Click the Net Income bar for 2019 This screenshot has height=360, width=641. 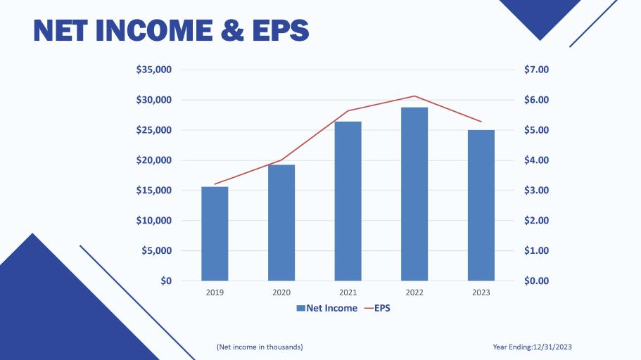[215, 233]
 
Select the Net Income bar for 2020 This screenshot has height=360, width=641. [281, 222]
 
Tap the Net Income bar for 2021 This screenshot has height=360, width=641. [348, 201]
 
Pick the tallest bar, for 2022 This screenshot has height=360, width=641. [414, 193]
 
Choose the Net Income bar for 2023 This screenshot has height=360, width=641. [481, 205]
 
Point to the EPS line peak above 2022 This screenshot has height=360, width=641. [414, 96]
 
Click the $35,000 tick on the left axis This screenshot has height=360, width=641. [154, 70]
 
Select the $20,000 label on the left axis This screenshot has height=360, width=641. [154, 160]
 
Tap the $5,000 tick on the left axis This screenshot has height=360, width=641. [157, 250]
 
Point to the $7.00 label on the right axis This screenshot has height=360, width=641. [537, 70]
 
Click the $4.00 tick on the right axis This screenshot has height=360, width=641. [537, 160]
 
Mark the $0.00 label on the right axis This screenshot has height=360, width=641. [537, 281]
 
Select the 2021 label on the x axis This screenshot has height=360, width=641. [348, 292]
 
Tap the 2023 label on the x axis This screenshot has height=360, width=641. [481, 292]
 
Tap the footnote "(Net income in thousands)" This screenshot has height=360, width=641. [260, 347]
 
